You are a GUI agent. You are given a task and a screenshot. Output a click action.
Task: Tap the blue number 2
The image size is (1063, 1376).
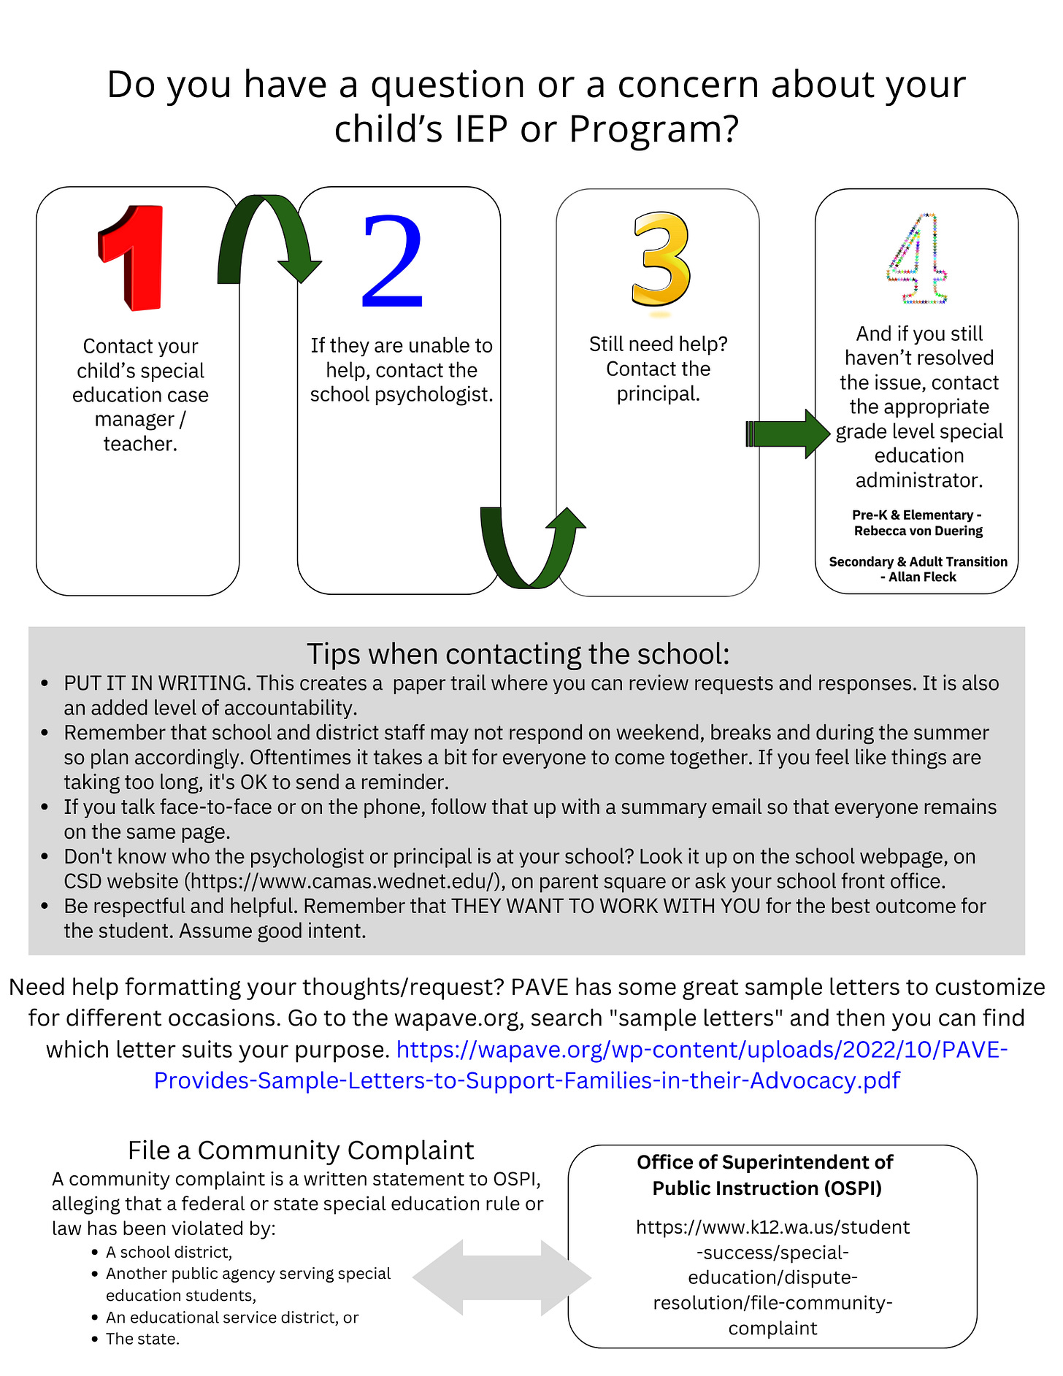pos(392,261)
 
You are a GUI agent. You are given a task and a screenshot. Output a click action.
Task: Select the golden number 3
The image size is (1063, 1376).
pos(660,258)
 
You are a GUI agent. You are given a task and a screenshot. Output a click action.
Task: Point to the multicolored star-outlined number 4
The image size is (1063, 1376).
pos(918,259)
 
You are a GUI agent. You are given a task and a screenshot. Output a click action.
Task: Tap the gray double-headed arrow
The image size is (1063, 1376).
pos(502,1277)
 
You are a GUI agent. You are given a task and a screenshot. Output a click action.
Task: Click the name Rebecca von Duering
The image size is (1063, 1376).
pos(918,531)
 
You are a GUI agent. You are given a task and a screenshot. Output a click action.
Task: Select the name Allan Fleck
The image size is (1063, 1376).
pos(923,577)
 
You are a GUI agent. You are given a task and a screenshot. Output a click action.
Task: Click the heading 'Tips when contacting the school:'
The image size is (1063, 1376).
pos(518,654)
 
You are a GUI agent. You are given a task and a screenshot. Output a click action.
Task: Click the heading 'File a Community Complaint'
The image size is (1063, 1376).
pos(300,1150)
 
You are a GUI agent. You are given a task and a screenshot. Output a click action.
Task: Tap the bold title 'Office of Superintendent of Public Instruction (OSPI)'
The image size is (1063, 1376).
pos(766,1175)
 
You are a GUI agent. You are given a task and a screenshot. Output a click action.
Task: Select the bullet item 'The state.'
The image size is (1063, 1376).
pos(142,1339)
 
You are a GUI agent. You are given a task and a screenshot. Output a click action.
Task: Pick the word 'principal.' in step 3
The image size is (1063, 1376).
pos(658,393)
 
